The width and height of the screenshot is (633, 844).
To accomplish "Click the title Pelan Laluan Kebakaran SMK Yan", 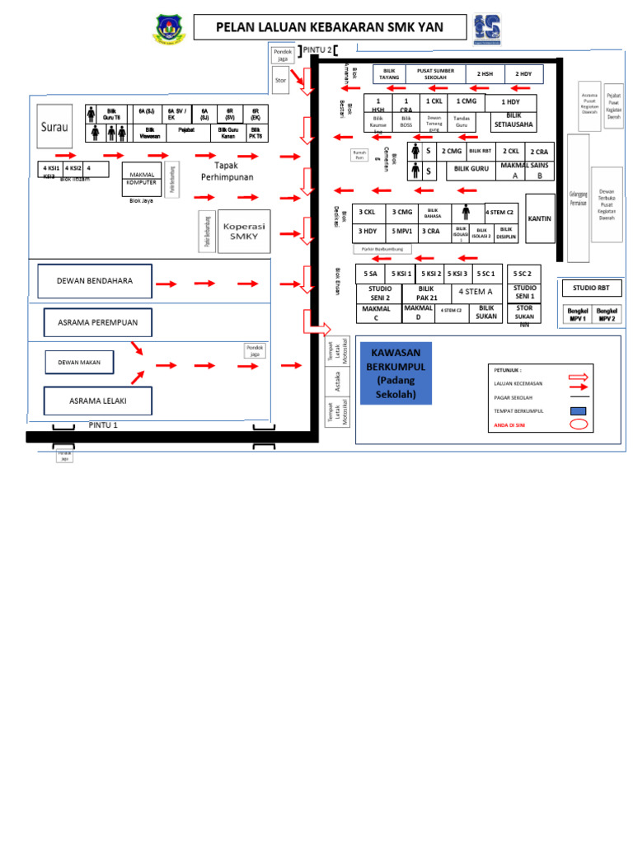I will tap(330, 27).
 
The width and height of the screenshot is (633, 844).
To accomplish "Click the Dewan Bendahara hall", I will tap(94, 281).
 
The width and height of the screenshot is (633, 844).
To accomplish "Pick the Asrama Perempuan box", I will tap(98, 321).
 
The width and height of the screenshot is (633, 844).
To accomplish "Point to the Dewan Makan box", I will tap(78, 362).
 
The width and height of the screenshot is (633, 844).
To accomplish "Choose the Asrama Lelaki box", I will tap(98, 401).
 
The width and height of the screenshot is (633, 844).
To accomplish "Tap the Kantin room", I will tap(540, 218).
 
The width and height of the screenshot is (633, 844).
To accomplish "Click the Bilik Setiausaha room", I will tap(513, 121).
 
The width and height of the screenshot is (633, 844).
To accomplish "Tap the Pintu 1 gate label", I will tap(103, 425).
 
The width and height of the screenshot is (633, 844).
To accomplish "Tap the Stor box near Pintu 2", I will tap(281, 81).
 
